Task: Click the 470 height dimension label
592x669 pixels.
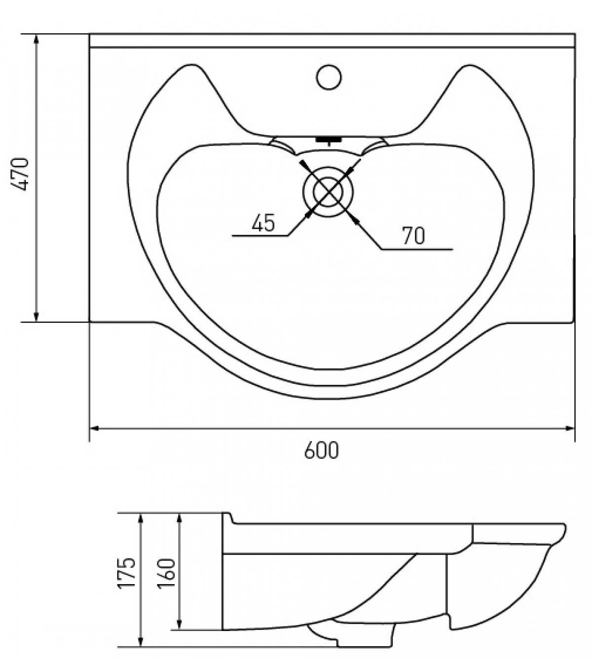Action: point(20,174)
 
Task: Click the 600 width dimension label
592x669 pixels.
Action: point(321,450)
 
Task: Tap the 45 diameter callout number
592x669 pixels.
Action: point(263,223)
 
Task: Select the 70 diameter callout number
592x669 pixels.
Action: point(414,236)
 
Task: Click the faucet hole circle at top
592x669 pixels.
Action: point(329,77)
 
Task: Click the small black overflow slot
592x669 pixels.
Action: point(328,140)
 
